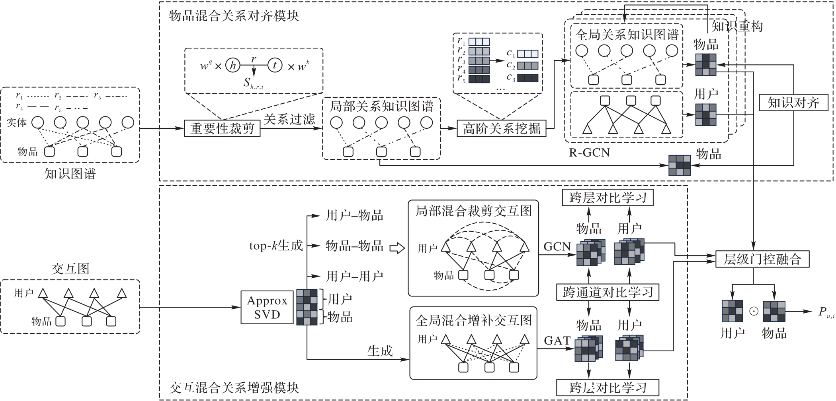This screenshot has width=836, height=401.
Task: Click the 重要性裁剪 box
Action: pos(222,128)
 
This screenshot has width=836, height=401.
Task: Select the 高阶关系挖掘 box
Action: pos(502,128)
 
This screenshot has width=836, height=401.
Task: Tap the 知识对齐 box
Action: pos(793,103)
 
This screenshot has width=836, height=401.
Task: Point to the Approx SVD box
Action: pos(267,307)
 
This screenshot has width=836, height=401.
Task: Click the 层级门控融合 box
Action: pos(762,259)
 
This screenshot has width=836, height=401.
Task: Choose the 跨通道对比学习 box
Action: pos(608,293)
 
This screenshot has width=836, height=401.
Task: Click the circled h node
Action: pos(233,66)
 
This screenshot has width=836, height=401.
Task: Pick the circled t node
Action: pos(275,66)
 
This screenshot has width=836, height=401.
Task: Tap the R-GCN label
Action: pos(589,153)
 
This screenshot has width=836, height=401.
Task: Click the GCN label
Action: pos(557,247)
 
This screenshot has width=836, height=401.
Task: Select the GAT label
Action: pos(557,341)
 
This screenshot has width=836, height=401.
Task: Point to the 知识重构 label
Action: pos(737,27)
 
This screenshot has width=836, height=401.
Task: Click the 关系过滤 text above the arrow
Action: pos(289,119)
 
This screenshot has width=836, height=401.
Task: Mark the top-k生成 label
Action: pos(276,246)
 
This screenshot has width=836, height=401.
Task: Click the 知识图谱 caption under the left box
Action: pos(70,174)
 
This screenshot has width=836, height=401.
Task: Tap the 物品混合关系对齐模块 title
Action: pos(234,16)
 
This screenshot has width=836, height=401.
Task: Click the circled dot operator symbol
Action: pos(754,311)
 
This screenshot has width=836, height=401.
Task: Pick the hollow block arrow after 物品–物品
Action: pos(397,248)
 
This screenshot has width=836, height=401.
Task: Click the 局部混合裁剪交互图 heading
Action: pos(473,211)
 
